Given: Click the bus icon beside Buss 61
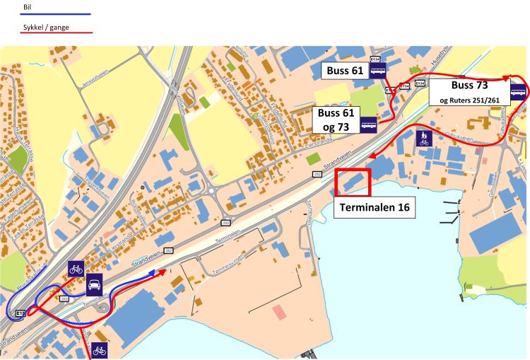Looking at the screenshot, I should click(378, 70).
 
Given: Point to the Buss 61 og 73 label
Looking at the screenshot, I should click(336, 119).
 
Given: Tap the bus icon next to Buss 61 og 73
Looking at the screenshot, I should click(369, 126).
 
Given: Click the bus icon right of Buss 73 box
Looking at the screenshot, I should click(519, 91).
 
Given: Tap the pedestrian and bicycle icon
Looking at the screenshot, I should click(423, 137).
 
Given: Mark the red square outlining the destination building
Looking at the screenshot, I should click(353, 182).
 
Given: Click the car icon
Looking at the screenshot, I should click(94, 284).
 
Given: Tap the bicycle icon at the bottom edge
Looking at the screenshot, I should click(99, 349).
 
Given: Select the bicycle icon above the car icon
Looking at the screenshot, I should click(76, 269).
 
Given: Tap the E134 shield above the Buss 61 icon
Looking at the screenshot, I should click(375, 59).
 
